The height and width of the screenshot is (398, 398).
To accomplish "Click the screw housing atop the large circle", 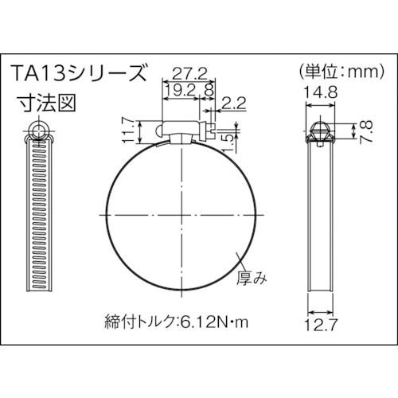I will (185, 130).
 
